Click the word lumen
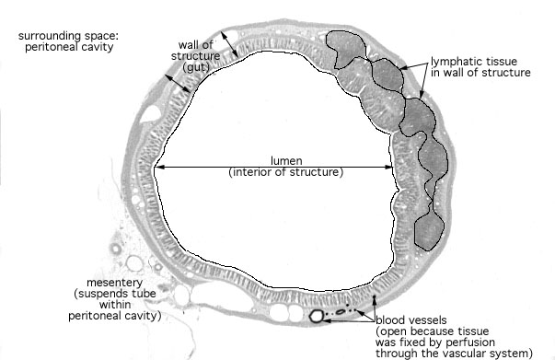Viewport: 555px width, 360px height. pos(286,161)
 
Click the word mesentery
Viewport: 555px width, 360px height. pos(115,284)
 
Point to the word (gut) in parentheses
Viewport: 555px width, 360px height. pos(195,67)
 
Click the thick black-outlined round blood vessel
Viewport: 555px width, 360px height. pos(317,316)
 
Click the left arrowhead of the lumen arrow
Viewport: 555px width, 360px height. pos(157,167)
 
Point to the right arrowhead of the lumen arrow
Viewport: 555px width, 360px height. pos(389,167)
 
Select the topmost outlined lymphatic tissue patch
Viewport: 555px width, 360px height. pos(345,48)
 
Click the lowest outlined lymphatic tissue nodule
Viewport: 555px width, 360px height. pos(429,232)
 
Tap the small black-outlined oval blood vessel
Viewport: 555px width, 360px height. pos(341,312)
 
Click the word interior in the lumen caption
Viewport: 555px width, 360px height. pos(252,172)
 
